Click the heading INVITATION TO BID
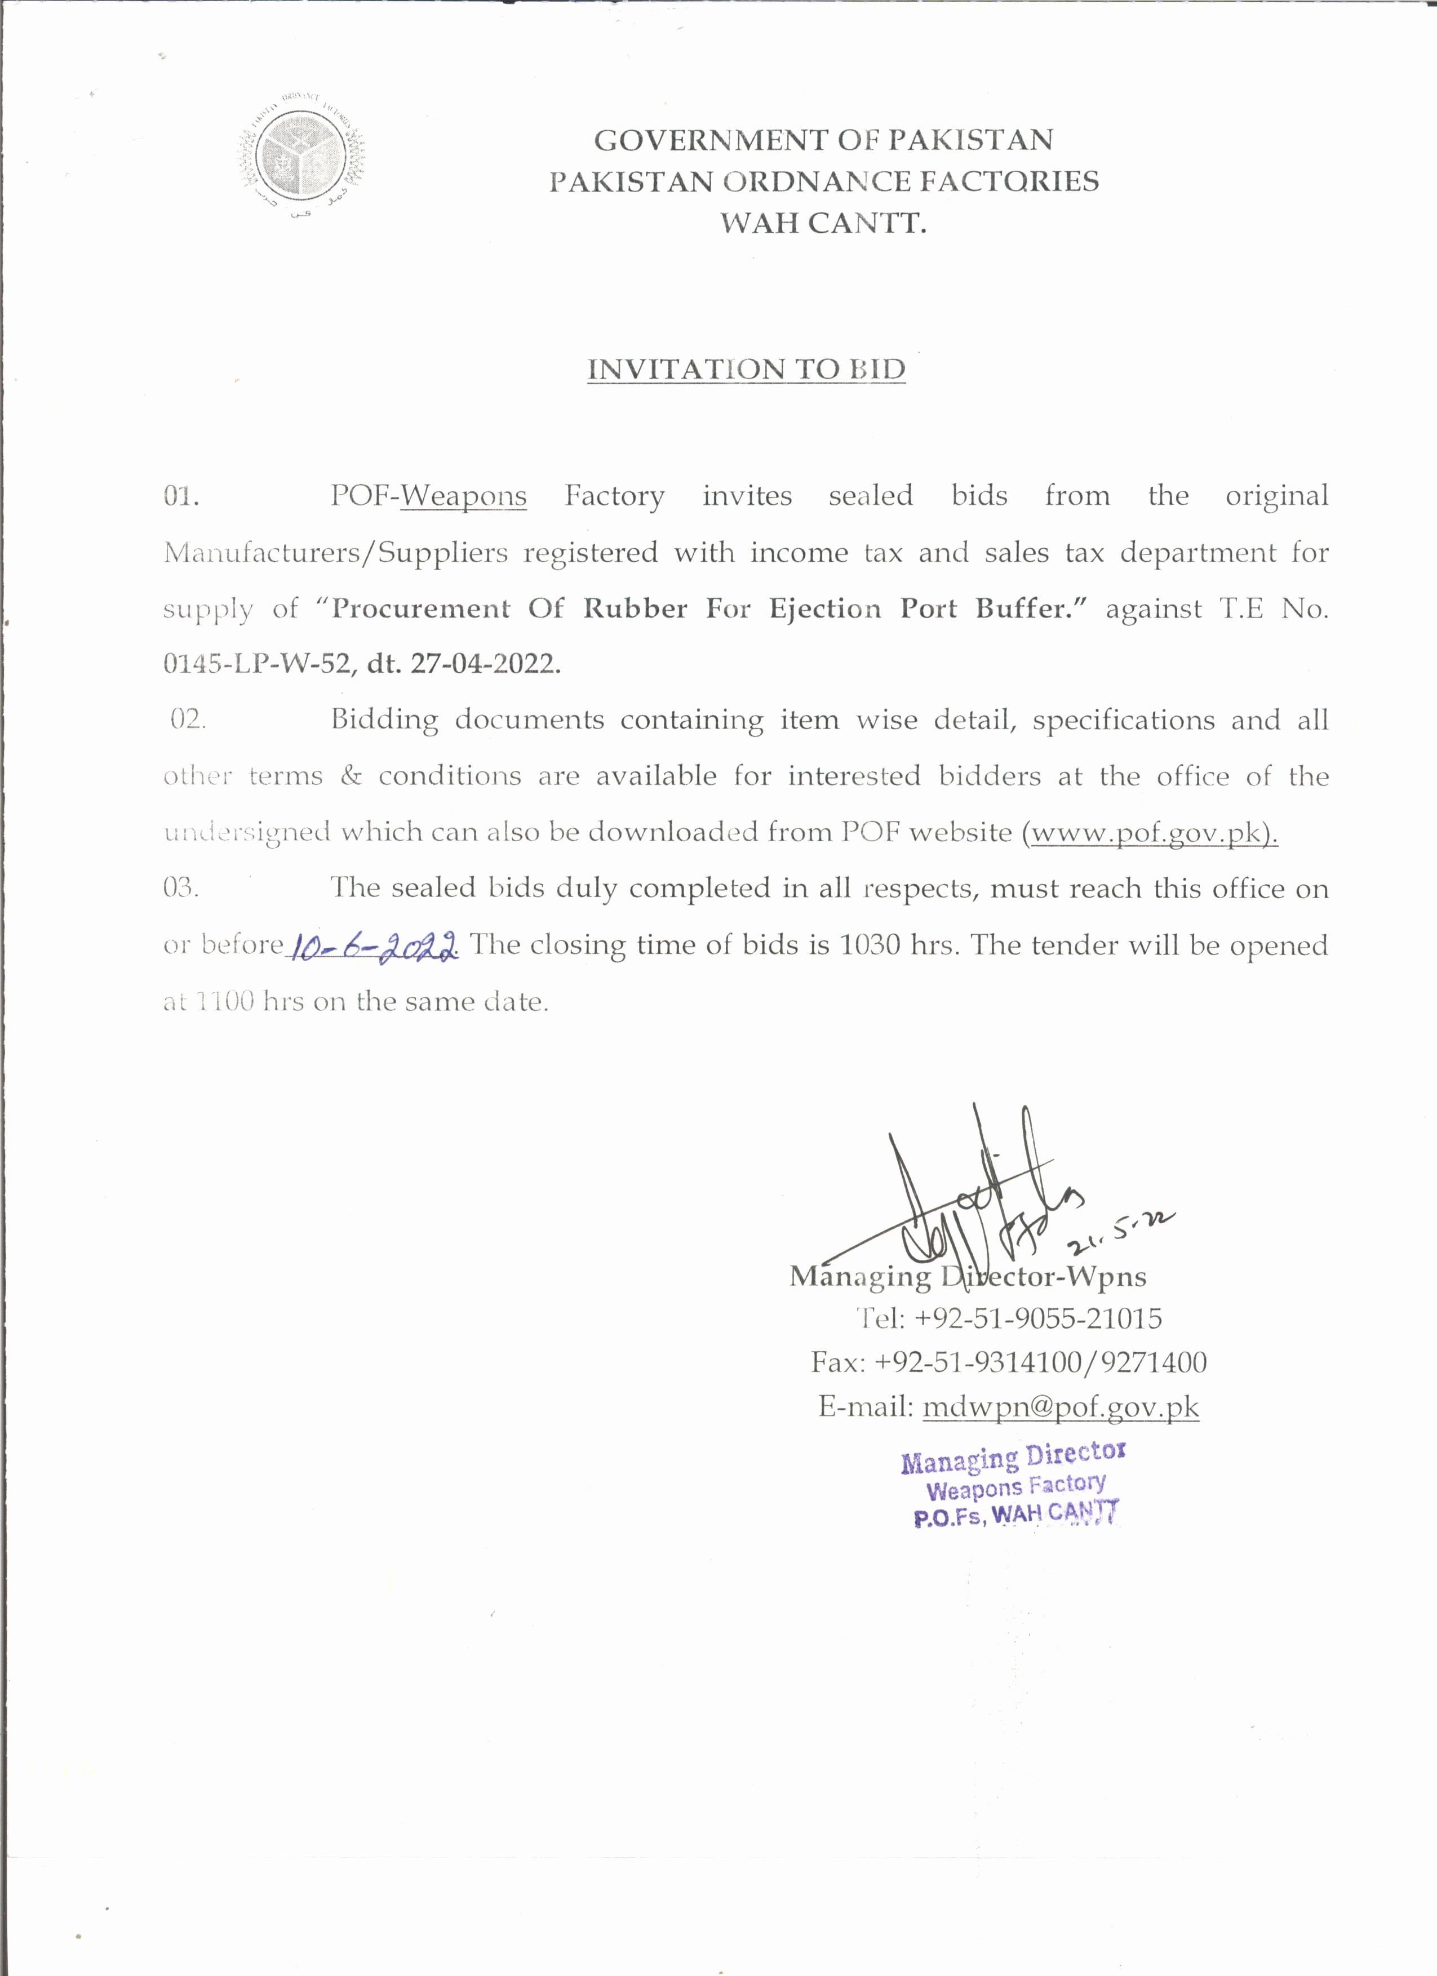pyautogui.click(x=746, y=370)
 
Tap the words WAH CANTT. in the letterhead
pyautogui.click(x=823, y=223)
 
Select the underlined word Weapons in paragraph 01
pyautogui.click(x=464, y=496)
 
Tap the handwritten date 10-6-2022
pyautogui.click(x=374, y=945)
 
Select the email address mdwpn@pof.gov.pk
pyautogui.click(x=1061, y=1407)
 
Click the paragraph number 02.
pyautogui.click(x=187, y=720)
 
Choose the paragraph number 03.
pyautogui.click(x=180, y=888)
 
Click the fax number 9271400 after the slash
pyautogui.click(x=1153, y=1362)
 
